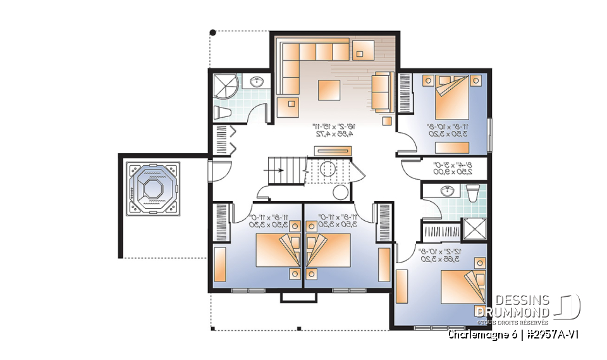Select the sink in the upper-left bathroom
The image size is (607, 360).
tap(257, 82)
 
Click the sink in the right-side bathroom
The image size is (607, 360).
tap(447, 190)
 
